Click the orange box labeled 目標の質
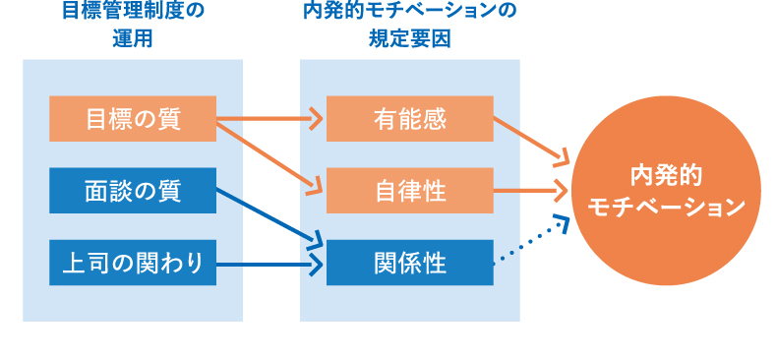tap(133, 119)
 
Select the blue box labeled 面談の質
tap(133, 191)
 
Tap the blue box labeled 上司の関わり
tap(133, 263)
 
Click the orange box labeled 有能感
tap(409, 119)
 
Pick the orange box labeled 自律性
tap(409, 191)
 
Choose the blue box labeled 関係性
tap(409, 263)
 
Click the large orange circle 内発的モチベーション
tap(665, 192)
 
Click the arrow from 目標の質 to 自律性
tap(270, 151)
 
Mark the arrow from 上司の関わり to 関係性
tap(270, 263)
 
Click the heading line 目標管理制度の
tap(133, 13)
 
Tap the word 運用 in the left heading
tap(133, 39)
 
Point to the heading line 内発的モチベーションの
tap(409, 13)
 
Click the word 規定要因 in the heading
tap(409, 39)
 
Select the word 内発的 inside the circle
tap(665, 176)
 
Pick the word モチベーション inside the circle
tap(665, 208)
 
